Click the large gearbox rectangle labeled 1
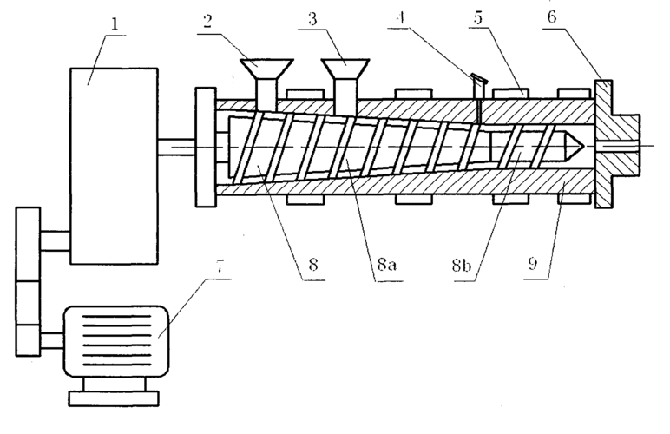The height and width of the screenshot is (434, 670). click(115, 165)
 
